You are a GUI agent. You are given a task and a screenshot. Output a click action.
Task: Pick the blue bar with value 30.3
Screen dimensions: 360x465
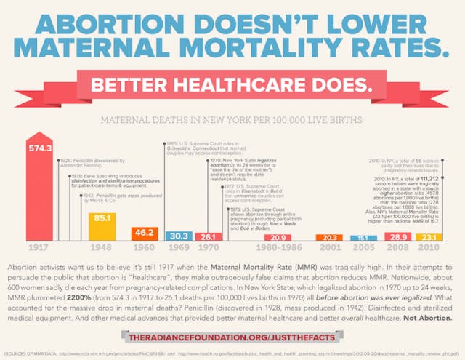177,236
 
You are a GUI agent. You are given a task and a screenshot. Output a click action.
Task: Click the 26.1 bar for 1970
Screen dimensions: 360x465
207,237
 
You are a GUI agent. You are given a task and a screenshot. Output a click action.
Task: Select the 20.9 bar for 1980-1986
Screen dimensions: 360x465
277,238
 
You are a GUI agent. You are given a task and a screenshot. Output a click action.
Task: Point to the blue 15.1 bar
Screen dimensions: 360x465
360,238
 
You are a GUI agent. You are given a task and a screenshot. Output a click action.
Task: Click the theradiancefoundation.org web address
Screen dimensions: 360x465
232,337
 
